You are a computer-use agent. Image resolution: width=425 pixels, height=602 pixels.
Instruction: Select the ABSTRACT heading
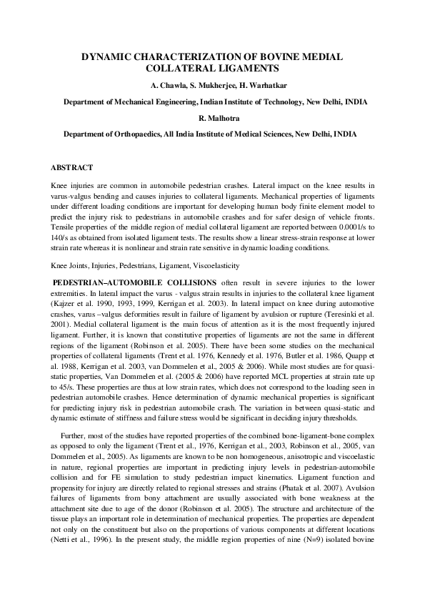71,167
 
